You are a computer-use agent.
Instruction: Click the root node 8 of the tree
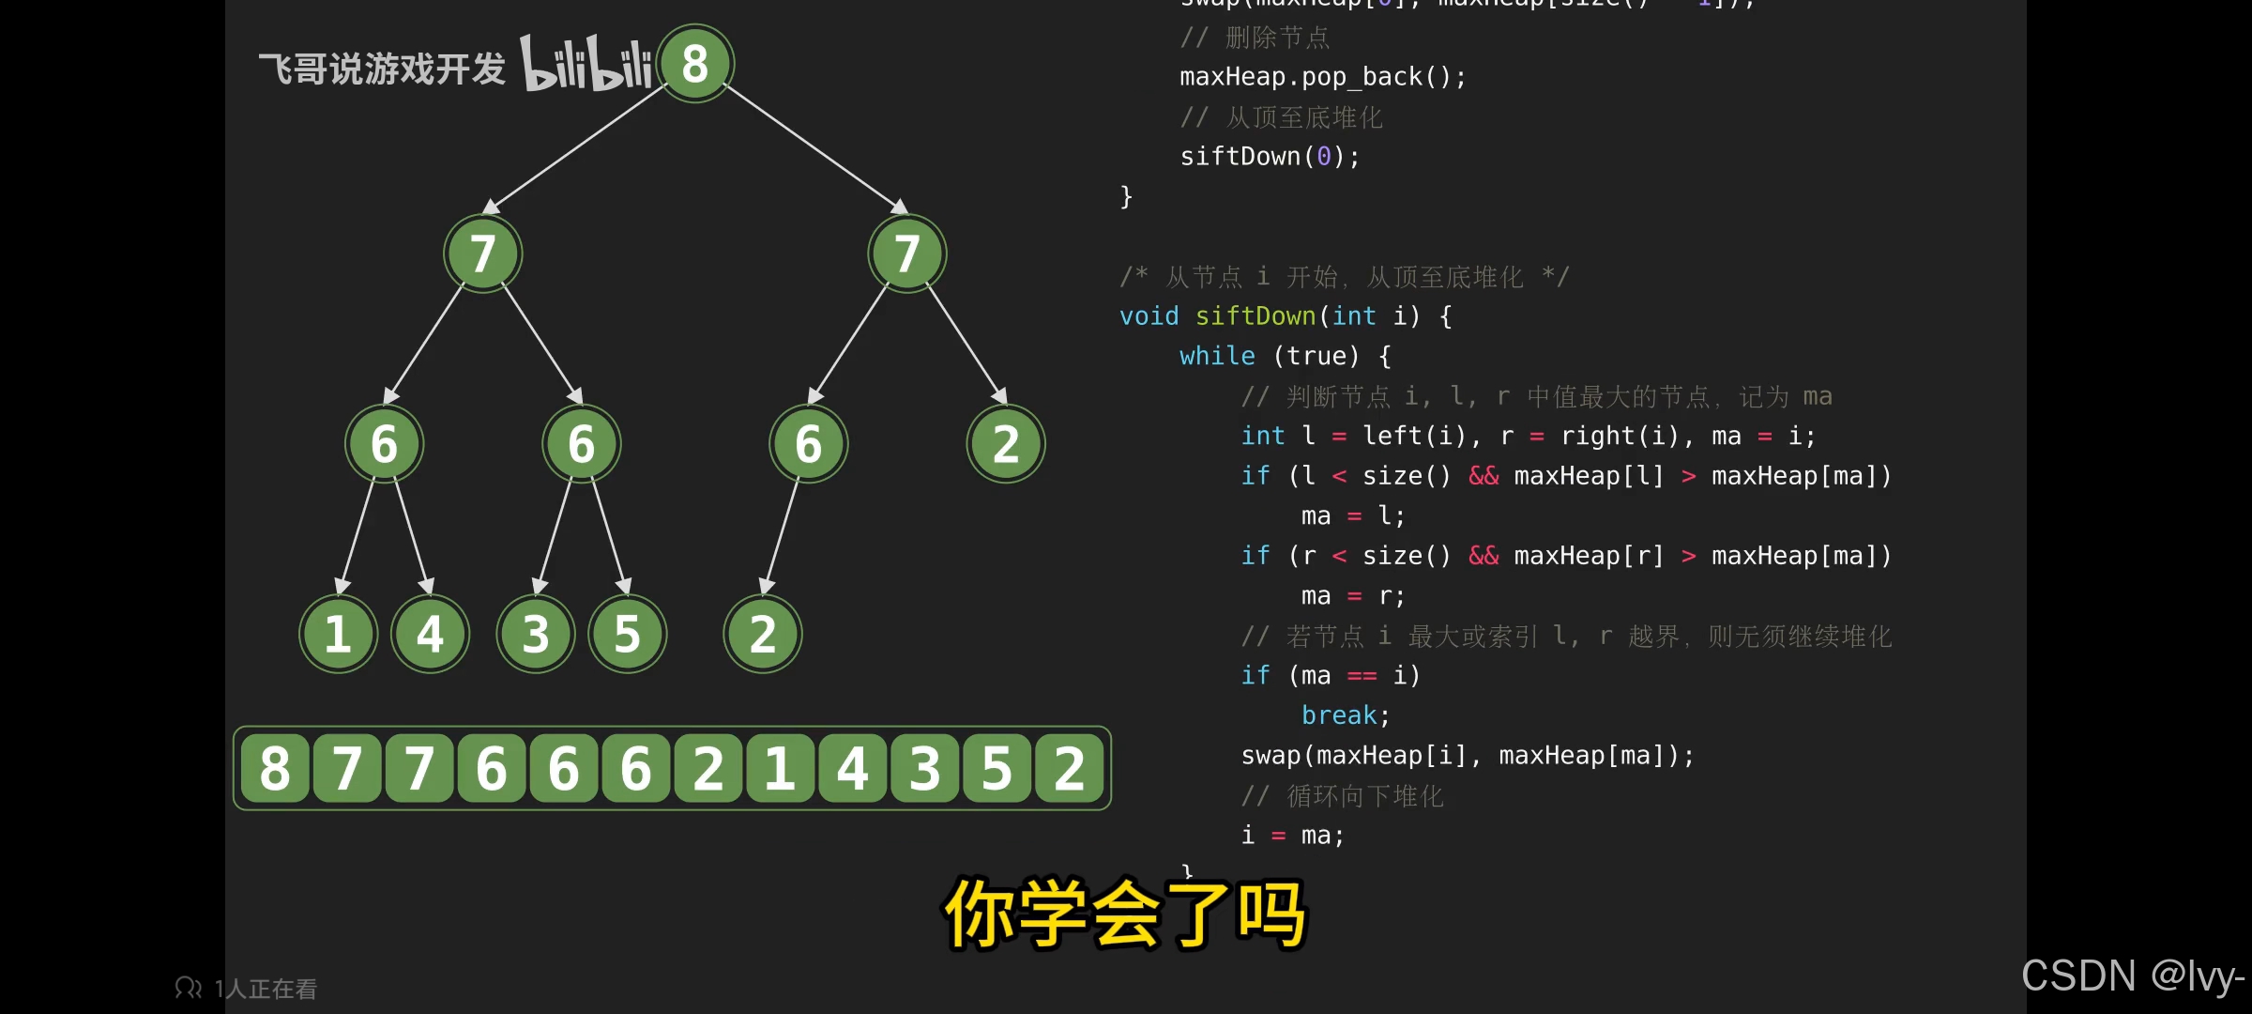tap(695, 64)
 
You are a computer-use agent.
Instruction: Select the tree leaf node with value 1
tap(338, 634)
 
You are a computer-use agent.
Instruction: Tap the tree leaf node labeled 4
tap(430, 634)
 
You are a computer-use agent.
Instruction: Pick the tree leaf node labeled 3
tap(535, 634)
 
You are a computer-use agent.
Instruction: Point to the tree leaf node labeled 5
tap(627, 634)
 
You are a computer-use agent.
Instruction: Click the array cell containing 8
tap(275, 769)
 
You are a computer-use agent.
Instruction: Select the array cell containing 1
tap(780, 769)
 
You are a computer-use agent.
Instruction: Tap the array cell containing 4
tap(852, 769)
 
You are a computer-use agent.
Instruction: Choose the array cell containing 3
tap(924, 769)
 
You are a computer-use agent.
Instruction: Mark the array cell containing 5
tap(997, 769)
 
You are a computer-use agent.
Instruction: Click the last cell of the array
tap(1069, 769)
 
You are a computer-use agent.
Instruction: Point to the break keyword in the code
tap(1339, 715)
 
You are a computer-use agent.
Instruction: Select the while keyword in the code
tap(1217, 356)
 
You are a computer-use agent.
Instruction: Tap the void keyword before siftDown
tap(1149, 316)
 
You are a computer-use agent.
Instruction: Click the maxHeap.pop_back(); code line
tap(1322, 77)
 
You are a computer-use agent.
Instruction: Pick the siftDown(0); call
tap(1270, 157)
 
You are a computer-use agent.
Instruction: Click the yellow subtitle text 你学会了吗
tap(1124, 913)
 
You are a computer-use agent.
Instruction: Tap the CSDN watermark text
tap(2132, 976)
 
